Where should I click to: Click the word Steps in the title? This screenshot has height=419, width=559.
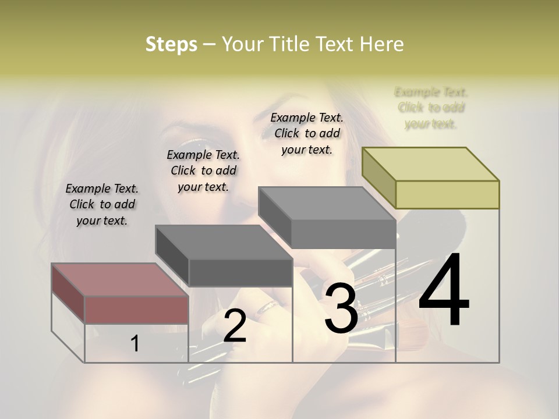(x=171, y=44)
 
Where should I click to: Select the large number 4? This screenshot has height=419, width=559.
(x=444, y=291)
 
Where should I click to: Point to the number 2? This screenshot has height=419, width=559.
(x=235, y=326)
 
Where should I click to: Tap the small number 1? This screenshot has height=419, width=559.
(x=135, y=343)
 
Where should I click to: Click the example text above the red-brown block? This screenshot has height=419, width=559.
(x=102, y=204)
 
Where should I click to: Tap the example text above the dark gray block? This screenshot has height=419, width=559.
(x=203, y=171)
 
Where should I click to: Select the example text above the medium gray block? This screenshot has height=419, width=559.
(x=307, y=133)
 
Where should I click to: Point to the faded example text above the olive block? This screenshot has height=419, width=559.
(x=431, y=108)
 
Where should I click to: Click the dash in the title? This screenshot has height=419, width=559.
(x=209, y=44)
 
